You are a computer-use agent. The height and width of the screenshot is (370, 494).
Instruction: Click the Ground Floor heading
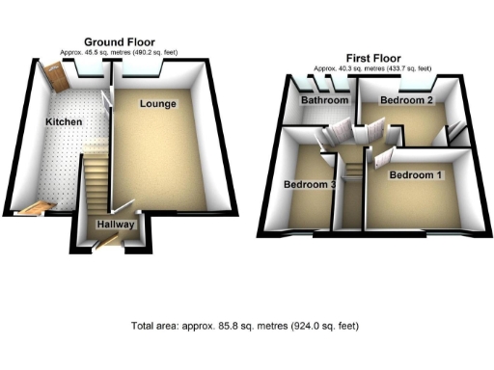(x=122, y=41)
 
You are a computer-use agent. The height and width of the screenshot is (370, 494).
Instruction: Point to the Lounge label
(x=157, y=103)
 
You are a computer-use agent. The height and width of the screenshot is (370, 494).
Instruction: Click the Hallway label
(x=115, y=225)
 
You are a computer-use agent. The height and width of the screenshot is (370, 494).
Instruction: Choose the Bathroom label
(x=323, y=100)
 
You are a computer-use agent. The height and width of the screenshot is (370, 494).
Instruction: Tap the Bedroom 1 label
(x=417, y=175)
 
